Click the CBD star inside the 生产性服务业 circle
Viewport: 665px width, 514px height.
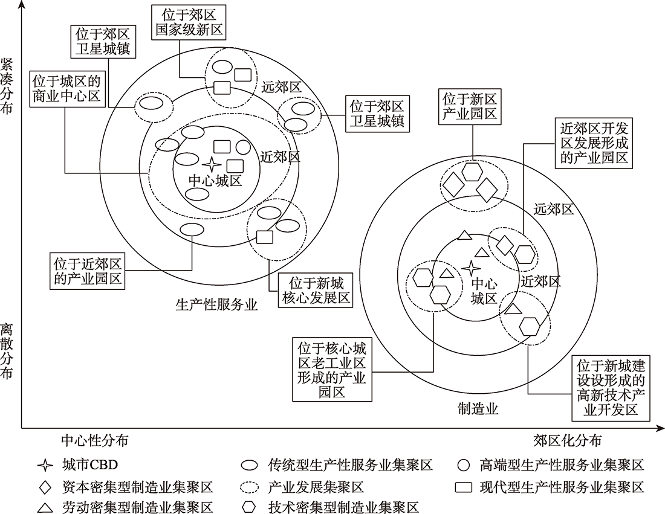coord(211,164)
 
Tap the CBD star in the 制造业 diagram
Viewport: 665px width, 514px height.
coord(471,268)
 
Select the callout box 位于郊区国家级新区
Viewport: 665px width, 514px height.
coord(189,22)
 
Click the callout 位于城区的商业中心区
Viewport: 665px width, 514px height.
coord(66,89)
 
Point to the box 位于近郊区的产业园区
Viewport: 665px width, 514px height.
coord(88,271)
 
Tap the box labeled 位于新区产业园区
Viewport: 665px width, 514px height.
coord(470,106)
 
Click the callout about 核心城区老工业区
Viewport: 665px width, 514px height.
coord(332,369)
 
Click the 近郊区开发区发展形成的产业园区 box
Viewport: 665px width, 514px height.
coord(594,143)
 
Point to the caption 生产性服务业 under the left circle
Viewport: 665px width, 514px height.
coord(216,304)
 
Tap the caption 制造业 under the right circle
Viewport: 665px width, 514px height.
coord(478,408)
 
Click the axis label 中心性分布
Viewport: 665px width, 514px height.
coord(94,440)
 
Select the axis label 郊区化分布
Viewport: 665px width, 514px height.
coord(567,440)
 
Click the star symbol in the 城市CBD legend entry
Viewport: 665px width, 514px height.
coord(45,465)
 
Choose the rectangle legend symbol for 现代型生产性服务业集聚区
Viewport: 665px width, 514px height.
coord(464,487)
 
